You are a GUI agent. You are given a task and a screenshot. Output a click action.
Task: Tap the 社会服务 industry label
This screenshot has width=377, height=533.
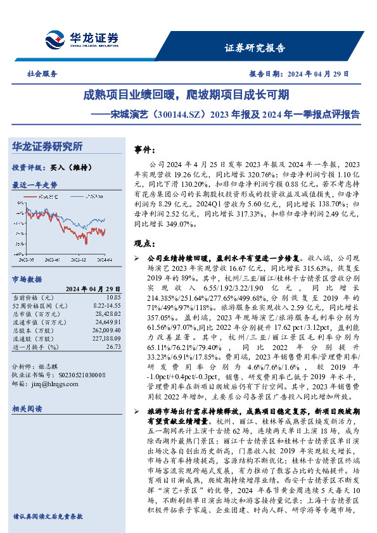42,74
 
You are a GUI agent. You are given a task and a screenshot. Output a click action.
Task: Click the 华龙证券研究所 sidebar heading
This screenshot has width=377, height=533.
48,147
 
